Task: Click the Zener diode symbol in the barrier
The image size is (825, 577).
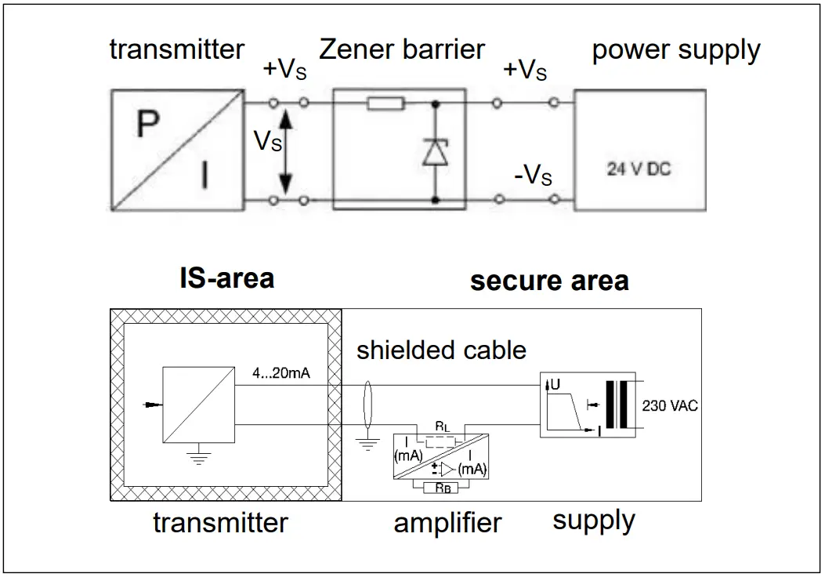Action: coord(434,151)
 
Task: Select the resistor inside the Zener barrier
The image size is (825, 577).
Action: coord(385,103)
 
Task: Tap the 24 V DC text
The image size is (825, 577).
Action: coord(639,169)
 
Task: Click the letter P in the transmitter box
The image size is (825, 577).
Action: coord(148,125)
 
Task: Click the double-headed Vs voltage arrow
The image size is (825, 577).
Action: coord(285,152)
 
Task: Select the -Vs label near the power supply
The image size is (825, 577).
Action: coord(533,175)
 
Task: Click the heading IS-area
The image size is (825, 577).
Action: coord(227,278)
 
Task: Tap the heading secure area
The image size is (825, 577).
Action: coord(549,281)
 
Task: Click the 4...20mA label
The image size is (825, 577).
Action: coord(281,373)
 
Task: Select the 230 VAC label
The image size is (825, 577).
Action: coord(669,406)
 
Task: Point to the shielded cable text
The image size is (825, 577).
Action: coord(441,350)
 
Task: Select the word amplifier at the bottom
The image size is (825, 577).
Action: coord(447,523)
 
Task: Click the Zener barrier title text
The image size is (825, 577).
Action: coord(402,49)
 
